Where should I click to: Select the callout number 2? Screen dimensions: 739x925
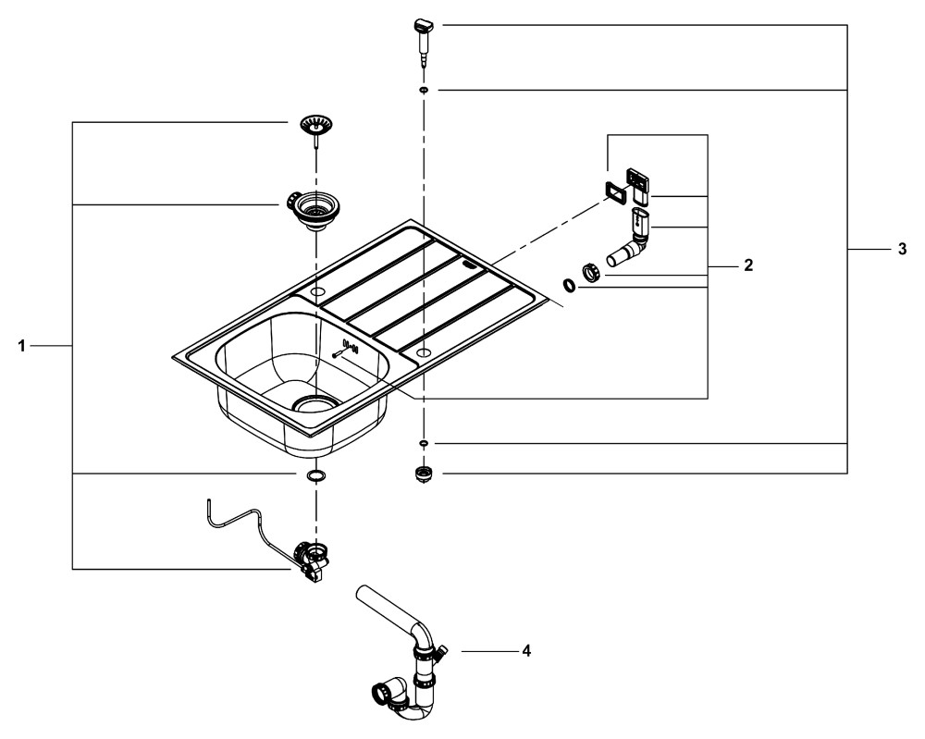coord(748,265)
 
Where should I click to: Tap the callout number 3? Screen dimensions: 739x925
coord(902,250)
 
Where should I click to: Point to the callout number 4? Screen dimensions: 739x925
coord(526,651)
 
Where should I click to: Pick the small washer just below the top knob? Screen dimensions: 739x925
coord(423,89)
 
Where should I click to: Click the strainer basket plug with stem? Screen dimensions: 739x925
coord(316,126)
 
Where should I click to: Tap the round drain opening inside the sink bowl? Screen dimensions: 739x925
coord(315,404)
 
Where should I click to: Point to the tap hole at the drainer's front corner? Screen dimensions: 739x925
coord(423,353)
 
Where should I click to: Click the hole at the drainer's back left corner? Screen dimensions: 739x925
coord(317,292)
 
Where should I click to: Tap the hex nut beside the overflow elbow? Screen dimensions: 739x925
coord(592,272)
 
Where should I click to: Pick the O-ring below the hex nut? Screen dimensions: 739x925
coord(570,287)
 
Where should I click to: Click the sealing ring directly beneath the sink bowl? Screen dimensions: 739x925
coord(315,475)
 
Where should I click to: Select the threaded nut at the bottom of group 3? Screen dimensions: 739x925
coord(423,475)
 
